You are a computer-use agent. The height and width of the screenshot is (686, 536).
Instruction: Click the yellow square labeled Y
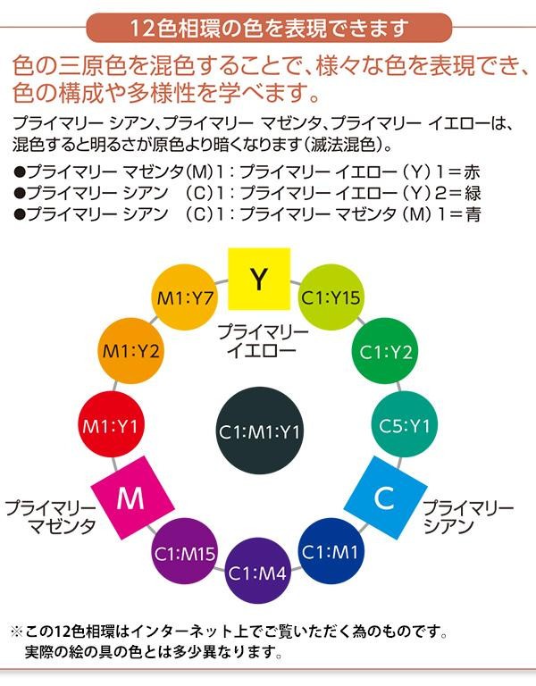[258, 279]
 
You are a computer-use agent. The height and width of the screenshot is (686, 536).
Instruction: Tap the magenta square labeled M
[131, 498]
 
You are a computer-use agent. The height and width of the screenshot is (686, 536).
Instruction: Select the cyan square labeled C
[384, 498]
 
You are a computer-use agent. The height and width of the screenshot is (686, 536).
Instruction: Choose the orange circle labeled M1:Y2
[131, 350]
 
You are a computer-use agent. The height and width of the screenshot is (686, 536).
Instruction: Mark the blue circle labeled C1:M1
[331, 551]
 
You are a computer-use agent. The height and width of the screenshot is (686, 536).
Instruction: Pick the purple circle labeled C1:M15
[185, 552]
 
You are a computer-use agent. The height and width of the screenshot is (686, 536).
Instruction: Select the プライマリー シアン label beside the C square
[467, 516]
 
